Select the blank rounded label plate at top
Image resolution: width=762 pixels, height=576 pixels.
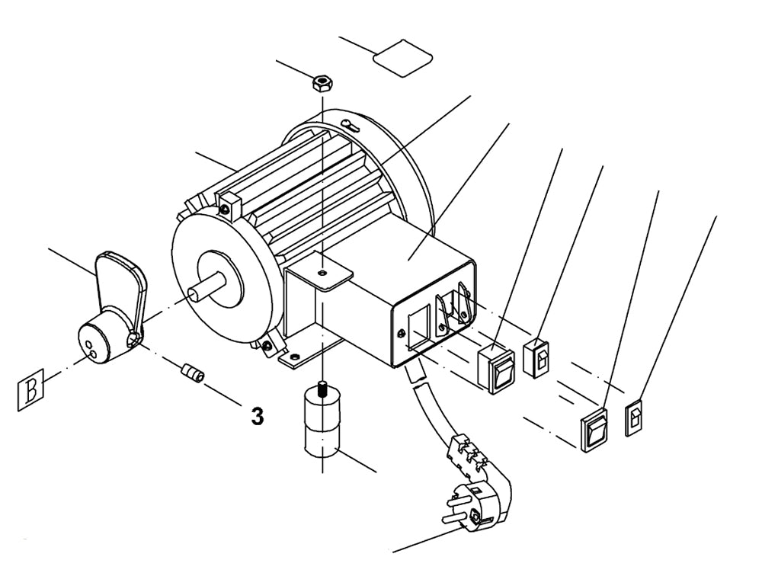402,57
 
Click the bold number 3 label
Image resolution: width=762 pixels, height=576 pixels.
258,416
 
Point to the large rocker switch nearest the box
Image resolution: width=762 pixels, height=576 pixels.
496,370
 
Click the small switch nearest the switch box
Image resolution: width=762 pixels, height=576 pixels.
539,357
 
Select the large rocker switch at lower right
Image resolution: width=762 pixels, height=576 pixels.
595,429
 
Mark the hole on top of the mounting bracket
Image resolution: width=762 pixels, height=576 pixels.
324,270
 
